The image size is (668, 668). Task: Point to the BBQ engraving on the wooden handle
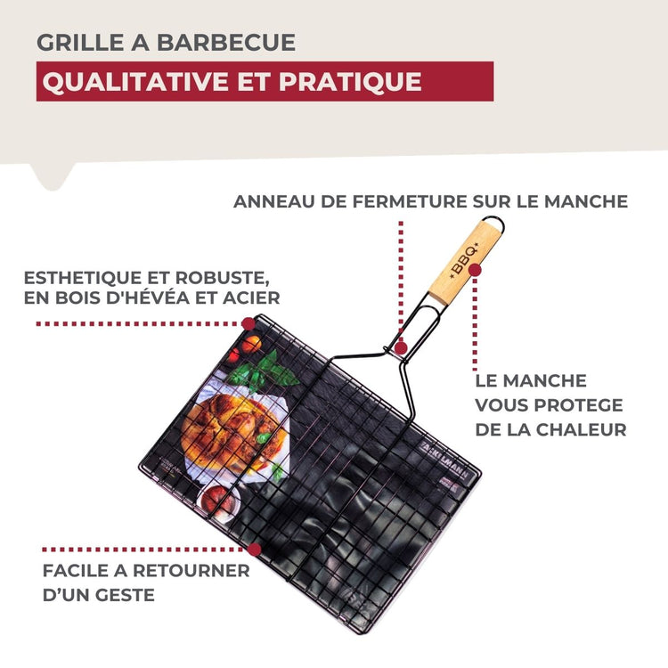click(464, 261)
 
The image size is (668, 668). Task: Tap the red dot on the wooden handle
click(476, 269)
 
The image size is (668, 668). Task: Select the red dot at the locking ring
click(402, 347)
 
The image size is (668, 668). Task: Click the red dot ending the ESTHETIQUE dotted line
click(248, 323)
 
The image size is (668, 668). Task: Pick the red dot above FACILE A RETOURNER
click(255, 550)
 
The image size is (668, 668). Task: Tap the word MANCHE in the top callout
click(590, 201)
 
